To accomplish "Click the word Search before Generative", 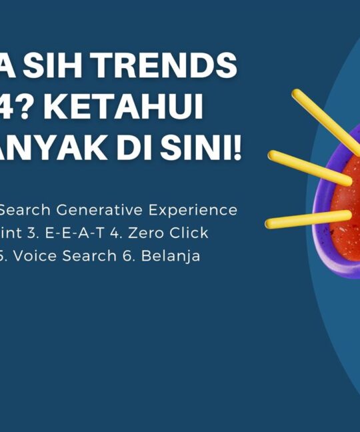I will (25, 210).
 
